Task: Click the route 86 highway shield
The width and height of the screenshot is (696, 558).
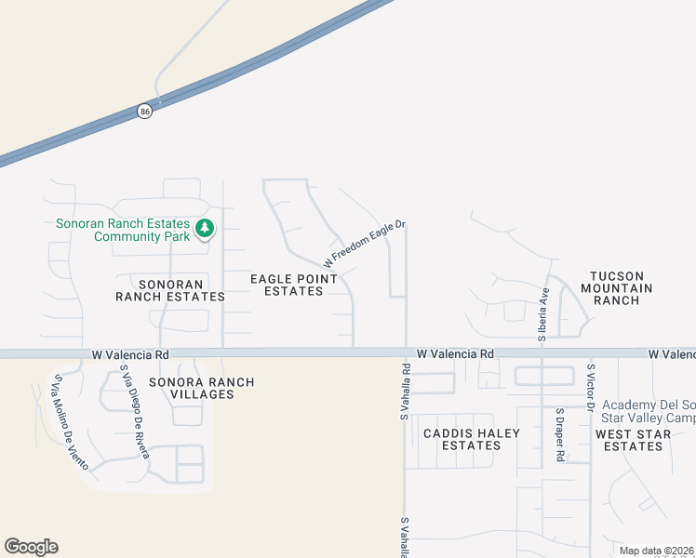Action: [x=143, y=111]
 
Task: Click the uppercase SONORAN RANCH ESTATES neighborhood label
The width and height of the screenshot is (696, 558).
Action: [x=169, y=290]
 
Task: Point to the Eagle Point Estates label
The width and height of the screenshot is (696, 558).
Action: [x=287, y=285]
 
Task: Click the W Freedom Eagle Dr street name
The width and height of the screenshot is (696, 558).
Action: [x=365, y=244]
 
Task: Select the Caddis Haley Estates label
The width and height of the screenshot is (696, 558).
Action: [x=472, y=439]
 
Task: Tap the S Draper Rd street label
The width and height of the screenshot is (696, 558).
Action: [x=560, y=435]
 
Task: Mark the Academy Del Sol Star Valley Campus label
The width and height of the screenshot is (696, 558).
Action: [x=649, y=412]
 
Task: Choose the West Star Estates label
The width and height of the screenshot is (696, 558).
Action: [x=629, y=440]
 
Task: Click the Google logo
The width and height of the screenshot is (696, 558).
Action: [x=31, y=547]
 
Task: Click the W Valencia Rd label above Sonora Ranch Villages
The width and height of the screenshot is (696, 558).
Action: [x=130, y=354]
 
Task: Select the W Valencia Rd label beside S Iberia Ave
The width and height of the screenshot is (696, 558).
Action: [x=455, y=354]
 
